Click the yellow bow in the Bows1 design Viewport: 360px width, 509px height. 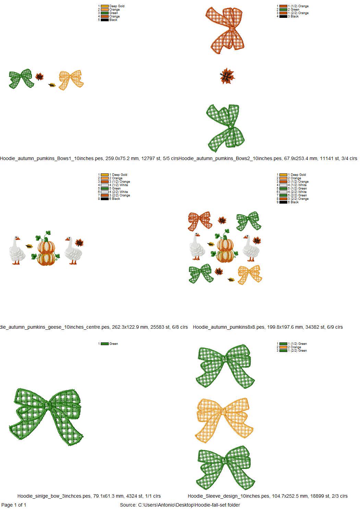71,80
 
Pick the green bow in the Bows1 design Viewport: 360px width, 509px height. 21,79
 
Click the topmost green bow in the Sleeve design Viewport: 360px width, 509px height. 225,367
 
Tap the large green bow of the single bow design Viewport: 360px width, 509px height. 46,416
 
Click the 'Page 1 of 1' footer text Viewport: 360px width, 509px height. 14,505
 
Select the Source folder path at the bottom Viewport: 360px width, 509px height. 180,505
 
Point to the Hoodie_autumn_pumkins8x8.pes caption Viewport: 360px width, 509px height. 229,327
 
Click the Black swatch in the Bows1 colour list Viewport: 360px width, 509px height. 105,20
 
